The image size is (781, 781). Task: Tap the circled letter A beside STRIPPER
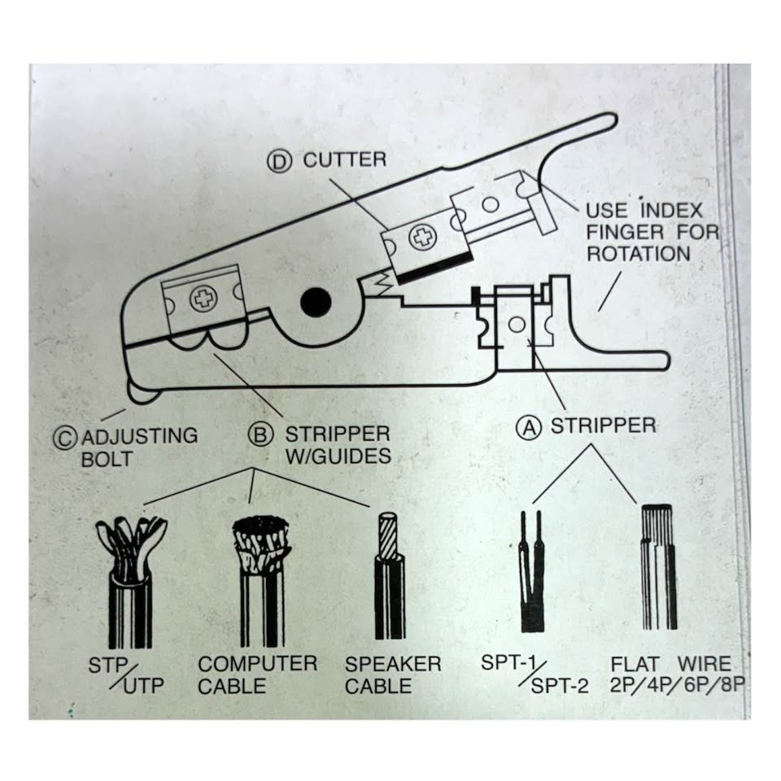pyautogui.click(x=530, y=427)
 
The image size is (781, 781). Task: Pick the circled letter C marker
pyautogui.click(x=67, y=437)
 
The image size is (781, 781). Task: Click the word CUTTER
pyautogui.click(x=345, y=159)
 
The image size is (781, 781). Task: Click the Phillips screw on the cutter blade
pyautogui.click(x=422, y=238)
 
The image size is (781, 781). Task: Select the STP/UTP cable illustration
pyautogui.click(x=130, y=578)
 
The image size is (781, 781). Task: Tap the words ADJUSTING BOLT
pyautogui.click(x=139, y=447)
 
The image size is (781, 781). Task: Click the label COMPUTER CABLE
pyautogui.click(x=257, y=674)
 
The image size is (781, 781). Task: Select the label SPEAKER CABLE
pyautogui.click(x=392, y=674)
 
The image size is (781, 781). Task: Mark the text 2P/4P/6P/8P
pyautogui.click(x=677, y=684)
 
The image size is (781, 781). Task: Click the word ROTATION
pyautogui.click(x=639, y=253)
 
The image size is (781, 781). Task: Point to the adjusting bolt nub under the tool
pyautogui.click(x=143, y=395)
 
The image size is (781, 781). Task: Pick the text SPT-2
pyautogui.click(x=559, y=685)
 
